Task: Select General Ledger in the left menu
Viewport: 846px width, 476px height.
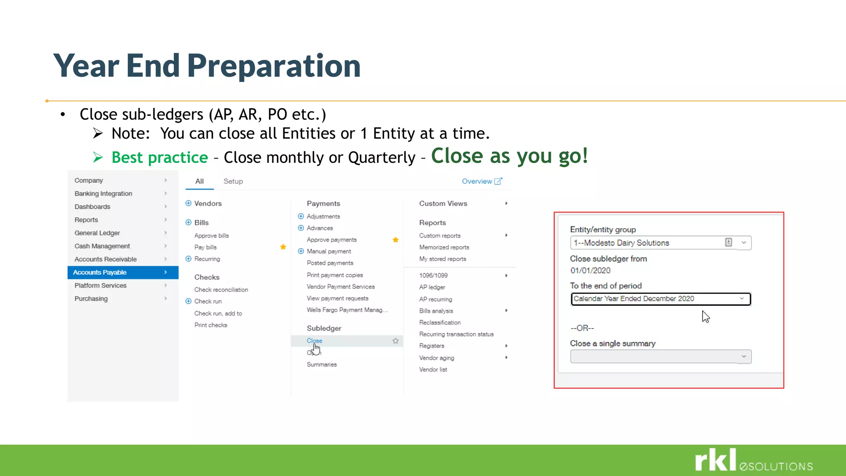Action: (x=97, y=233)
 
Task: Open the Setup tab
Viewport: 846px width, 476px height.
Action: (x=233, y=181)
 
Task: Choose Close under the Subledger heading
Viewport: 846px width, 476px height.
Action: (x=314, y=340)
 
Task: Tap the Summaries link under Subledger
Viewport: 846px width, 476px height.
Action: (x=321, y=364)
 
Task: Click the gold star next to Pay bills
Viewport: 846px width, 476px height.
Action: (x=283, y=247)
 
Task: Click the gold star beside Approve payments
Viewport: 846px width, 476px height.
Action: (x=395, y=240)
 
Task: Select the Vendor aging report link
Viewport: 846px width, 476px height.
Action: (x=436, y=358)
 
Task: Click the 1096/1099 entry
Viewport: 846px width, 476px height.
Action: (x=433, y=276)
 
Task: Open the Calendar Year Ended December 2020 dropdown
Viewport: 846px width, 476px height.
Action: (x=660, y=299)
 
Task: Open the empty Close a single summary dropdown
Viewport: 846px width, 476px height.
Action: (x=660, y=357)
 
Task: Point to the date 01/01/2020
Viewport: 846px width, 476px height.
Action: (x=590, y=271)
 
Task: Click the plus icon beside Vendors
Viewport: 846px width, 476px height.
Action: (x=188, y=203)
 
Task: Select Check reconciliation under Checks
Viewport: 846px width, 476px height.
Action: (x=221, y=290)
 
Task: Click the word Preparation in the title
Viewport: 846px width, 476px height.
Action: (x=273, y=66)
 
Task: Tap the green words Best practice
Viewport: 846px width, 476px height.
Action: (x=159, y=157)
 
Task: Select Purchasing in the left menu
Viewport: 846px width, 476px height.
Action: (x=91, y=299)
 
